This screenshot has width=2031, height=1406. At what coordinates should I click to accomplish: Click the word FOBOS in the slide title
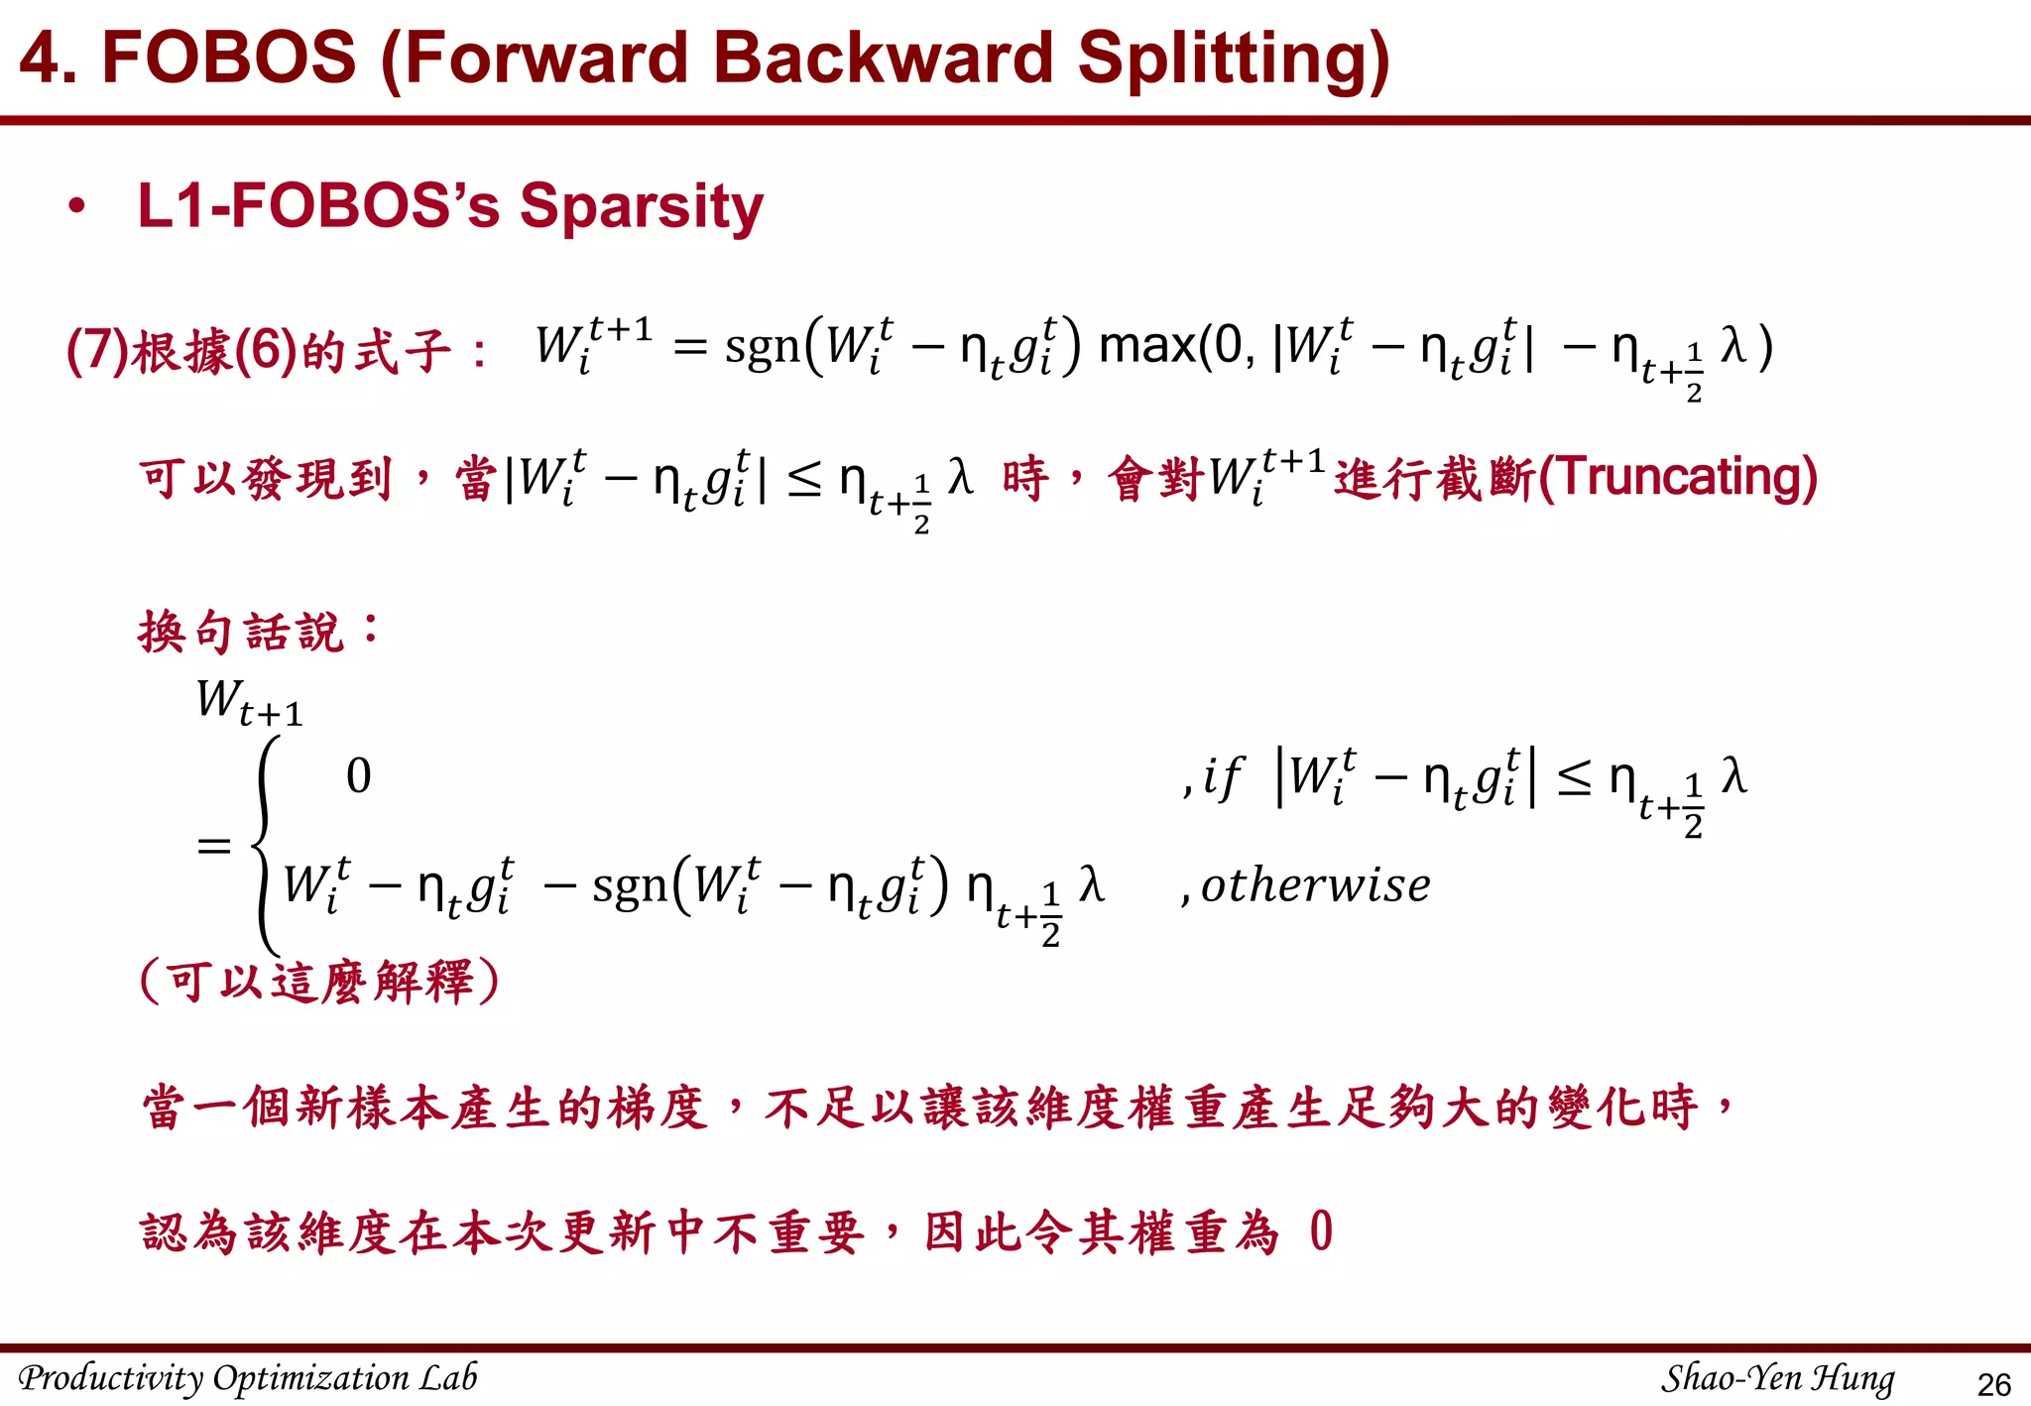pos(228,57)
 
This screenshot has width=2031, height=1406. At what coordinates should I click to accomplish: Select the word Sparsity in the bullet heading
pos(642,206)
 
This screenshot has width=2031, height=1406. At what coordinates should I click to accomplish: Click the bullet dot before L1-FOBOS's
pos(76,206)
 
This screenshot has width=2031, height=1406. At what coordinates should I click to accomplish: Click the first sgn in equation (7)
pos(762,348)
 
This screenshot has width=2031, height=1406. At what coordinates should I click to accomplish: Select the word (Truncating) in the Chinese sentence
pos(1677,477)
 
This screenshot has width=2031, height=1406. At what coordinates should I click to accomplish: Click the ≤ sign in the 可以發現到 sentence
pos(804,480)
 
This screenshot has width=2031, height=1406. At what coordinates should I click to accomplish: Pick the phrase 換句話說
pos(241,631)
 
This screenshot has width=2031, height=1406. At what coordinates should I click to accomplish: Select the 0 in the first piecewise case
pos(359,775)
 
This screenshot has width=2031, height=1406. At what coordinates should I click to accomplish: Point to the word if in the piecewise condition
pos(1222,776)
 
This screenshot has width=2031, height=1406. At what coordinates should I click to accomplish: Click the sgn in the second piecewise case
pos(630,885)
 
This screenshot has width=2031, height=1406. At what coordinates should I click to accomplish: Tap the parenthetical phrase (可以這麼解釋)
pos(319,982)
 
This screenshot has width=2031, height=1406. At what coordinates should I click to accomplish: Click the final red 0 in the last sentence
pos(1321,1232)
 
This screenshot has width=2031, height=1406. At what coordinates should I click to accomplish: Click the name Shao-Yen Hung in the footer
pos(1777,1378)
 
